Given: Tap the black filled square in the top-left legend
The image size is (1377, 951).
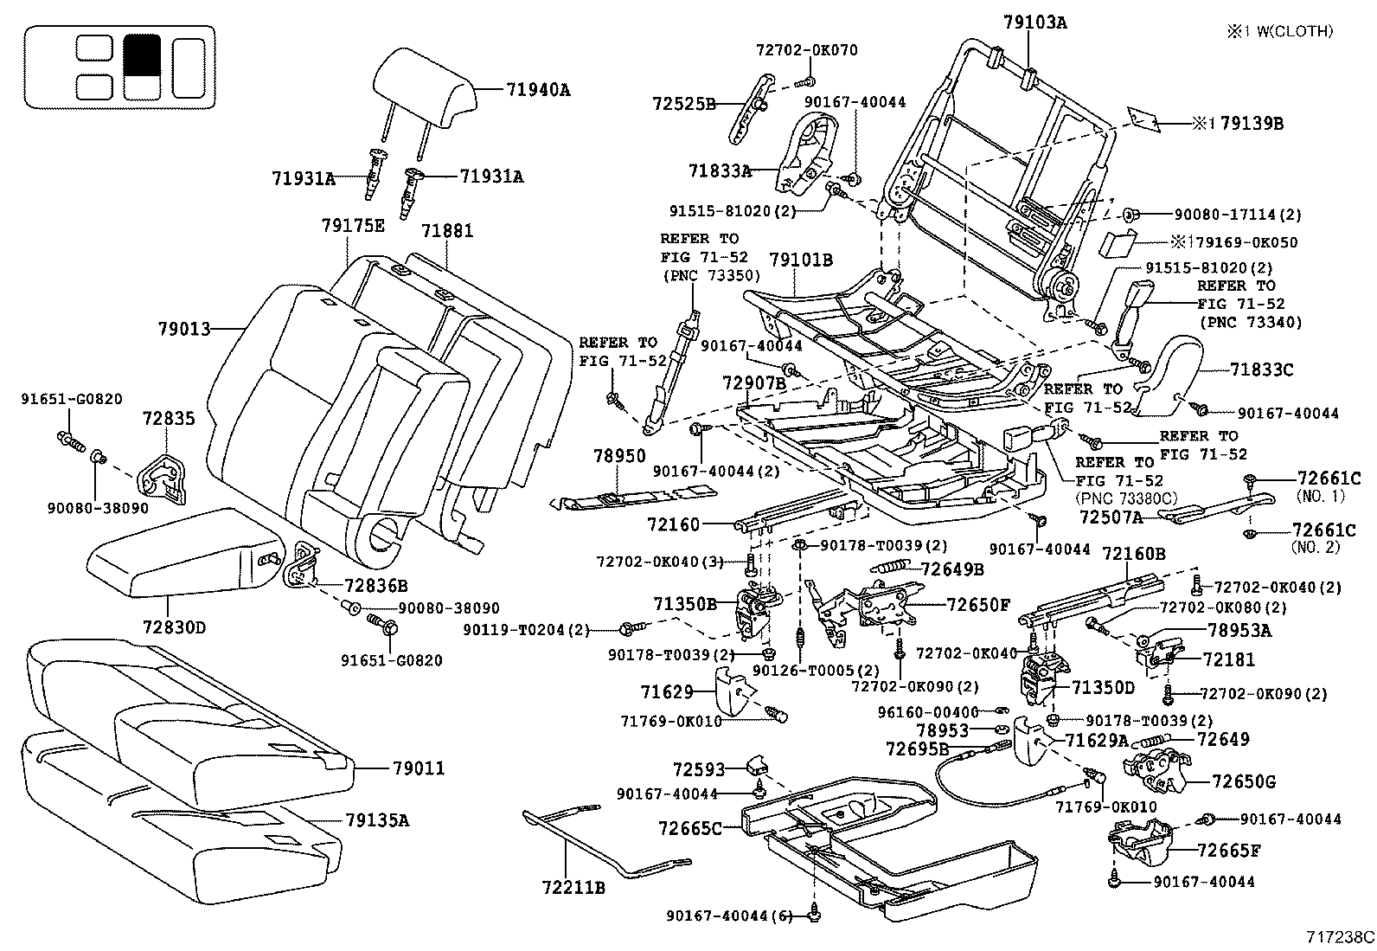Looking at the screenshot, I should (x=142, y=54).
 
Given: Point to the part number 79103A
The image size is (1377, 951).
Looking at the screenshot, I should (x=1035, y=23).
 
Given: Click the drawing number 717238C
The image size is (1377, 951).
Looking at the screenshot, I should (x=1340, y=936).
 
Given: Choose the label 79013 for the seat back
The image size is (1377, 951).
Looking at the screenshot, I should (x=184, y=329).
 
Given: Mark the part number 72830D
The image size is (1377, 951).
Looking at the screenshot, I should (x=174, y=627).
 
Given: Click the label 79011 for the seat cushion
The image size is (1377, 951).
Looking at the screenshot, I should (x=419, y=768).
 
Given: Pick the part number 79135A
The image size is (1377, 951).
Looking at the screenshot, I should (x=377, y=819).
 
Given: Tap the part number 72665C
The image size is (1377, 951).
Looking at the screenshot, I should (x=689, y=828).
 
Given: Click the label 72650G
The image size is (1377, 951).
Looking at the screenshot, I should (x=1244, y=781).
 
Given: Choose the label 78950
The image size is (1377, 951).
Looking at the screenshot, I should (x=619, y=456).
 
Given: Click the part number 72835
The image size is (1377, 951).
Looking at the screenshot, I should (x=169, y=419).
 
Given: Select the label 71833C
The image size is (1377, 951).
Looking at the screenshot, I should (x=1262, y=370).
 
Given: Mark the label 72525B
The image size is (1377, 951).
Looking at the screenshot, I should (x=684, y=104).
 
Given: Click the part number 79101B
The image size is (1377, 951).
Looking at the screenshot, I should (x=801, y=259).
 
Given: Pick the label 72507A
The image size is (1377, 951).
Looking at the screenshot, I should (x=1111, y=517).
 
